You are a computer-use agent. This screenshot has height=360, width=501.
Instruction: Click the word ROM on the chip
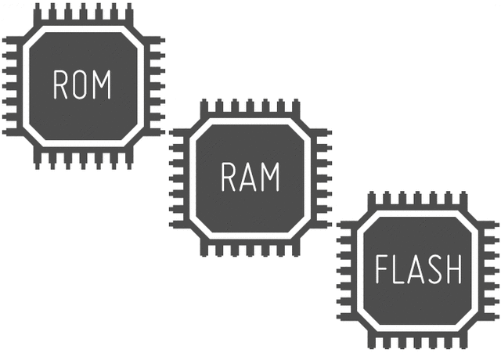click(x=82, y=85)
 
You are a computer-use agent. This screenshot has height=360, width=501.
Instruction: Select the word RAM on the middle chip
click(x=250, y=177)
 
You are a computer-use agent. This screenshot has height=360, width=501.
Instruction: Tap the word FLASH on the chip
click(x=418, y=269)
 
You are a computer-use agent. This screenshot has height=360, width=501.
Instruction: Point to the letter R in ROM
click(x=61, y=85)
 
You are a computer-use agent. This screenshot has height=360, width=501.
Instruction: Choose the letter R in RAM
click(x=229, y=177)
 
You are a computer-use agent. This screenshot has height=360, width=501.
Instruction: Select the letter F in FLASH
click(x=381, y=269)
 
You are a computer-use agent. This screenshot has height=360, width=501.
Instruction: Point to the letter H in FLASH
click(x=454, y=269)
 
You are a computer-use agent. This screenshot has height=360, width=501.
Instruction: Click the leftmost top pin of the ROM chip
click(x=38, y=14)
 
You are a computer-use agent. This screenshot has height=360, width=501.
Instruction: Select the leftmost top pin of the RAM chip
click(x=204, y=110)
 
